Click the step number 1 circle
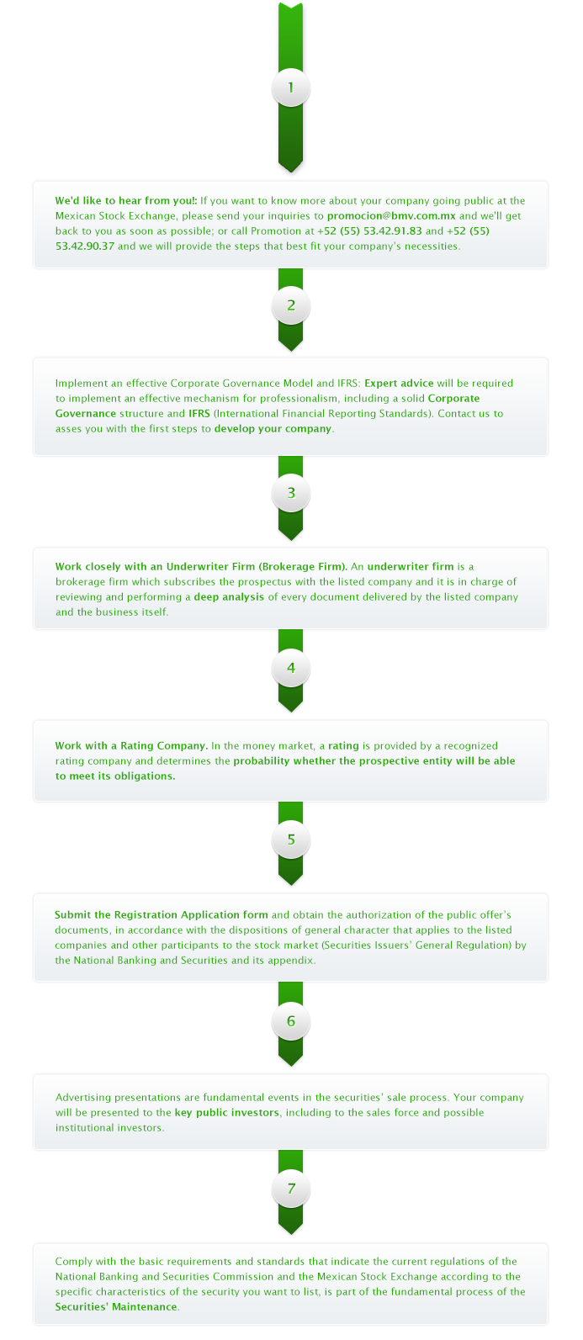[291, 88]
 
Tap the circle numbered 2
[291, 305]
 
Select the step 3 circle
[291, 493]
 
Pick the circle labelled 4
[291, 668]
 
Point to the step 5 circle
[291, 839]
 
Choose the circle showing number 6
[291, 1020]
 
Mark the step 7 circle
[291, 1188]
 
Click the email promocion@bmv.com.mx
[391, 216]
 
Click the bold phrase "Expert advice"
[399, 384]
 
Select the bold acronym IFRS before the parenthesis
[199, 413]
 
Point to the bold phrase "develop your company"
[273, 429]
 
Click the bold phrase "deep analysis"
[229, 597]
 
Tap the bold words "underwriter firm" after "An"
[411, 566]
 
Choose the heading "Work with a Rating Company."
[132, 746]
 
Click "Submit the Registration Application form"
[162, 914]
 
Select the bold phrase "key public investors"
[227, 1113]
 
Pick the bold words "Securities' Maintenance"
[116, 1306]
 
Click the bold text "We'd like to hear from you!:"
[126, 201]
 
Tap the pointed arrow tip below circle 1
[291, 172]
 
